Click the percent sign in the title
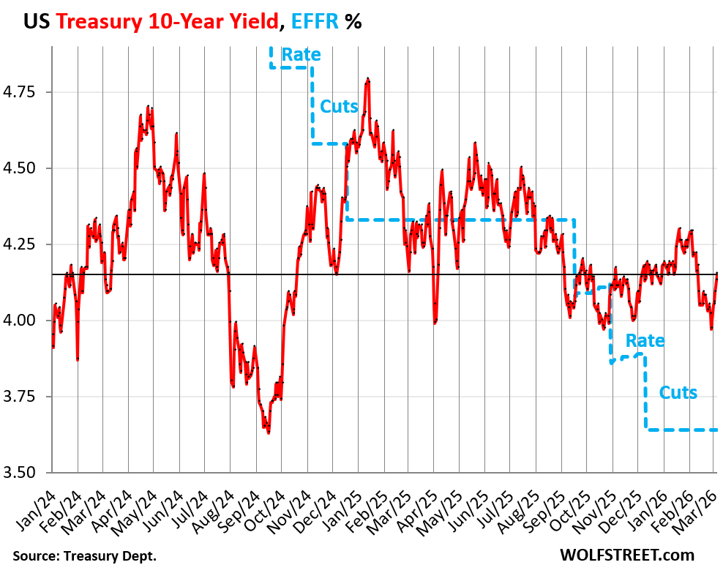[354, 21]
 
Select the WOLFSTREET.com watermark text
[627, 555]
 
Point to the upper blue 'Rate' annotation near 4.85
[301, 54]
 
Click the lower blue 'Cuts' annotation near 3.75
[678, 392]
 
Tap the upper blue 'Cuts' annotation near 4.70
[339, 106]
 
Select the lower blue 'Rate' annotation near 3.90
[645, 340]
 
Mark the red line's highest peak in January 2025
[367, 79]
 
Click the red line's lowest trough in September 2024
[269, 433]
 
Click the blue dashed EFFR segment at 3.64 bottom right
[681, 430]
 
